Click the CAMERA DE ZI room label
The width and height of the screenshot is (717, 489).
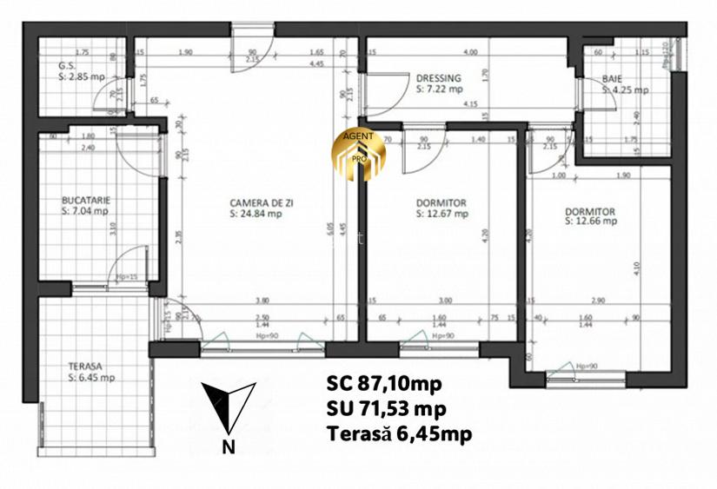tap(262, 202)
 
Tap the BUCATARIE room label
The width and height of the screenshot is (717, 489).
tap(86, 199)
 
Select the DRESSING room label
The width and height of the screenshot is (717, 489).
tap(439, 78)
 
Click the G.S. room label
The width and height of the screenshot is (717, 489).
tap(66, 65)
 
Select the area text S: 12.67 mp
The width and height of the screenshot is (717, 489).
tap(442, 214)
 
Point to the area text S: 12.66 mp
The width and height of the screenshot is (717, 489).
tap(590, 221)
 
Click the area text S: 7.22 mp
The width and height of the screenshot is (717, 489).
tap(440, 89)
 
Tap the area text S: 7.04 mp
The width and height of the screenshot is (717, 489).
tap(85, 209)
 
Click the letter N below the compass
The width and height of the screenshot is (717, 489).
tap(228, 448)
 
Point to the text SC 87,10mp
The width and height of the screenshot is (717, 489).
tap(383, 383)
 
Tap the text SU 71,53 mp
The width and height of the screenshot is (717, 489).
tap(388, 409)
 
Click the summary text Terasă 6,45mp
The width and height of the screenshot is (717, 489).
tap(400, 434)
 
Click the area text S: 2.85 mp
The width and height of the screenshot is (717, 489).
tap(82, 76)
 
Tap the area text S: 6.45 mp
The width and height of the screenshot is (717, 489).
tap(91, 378)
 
